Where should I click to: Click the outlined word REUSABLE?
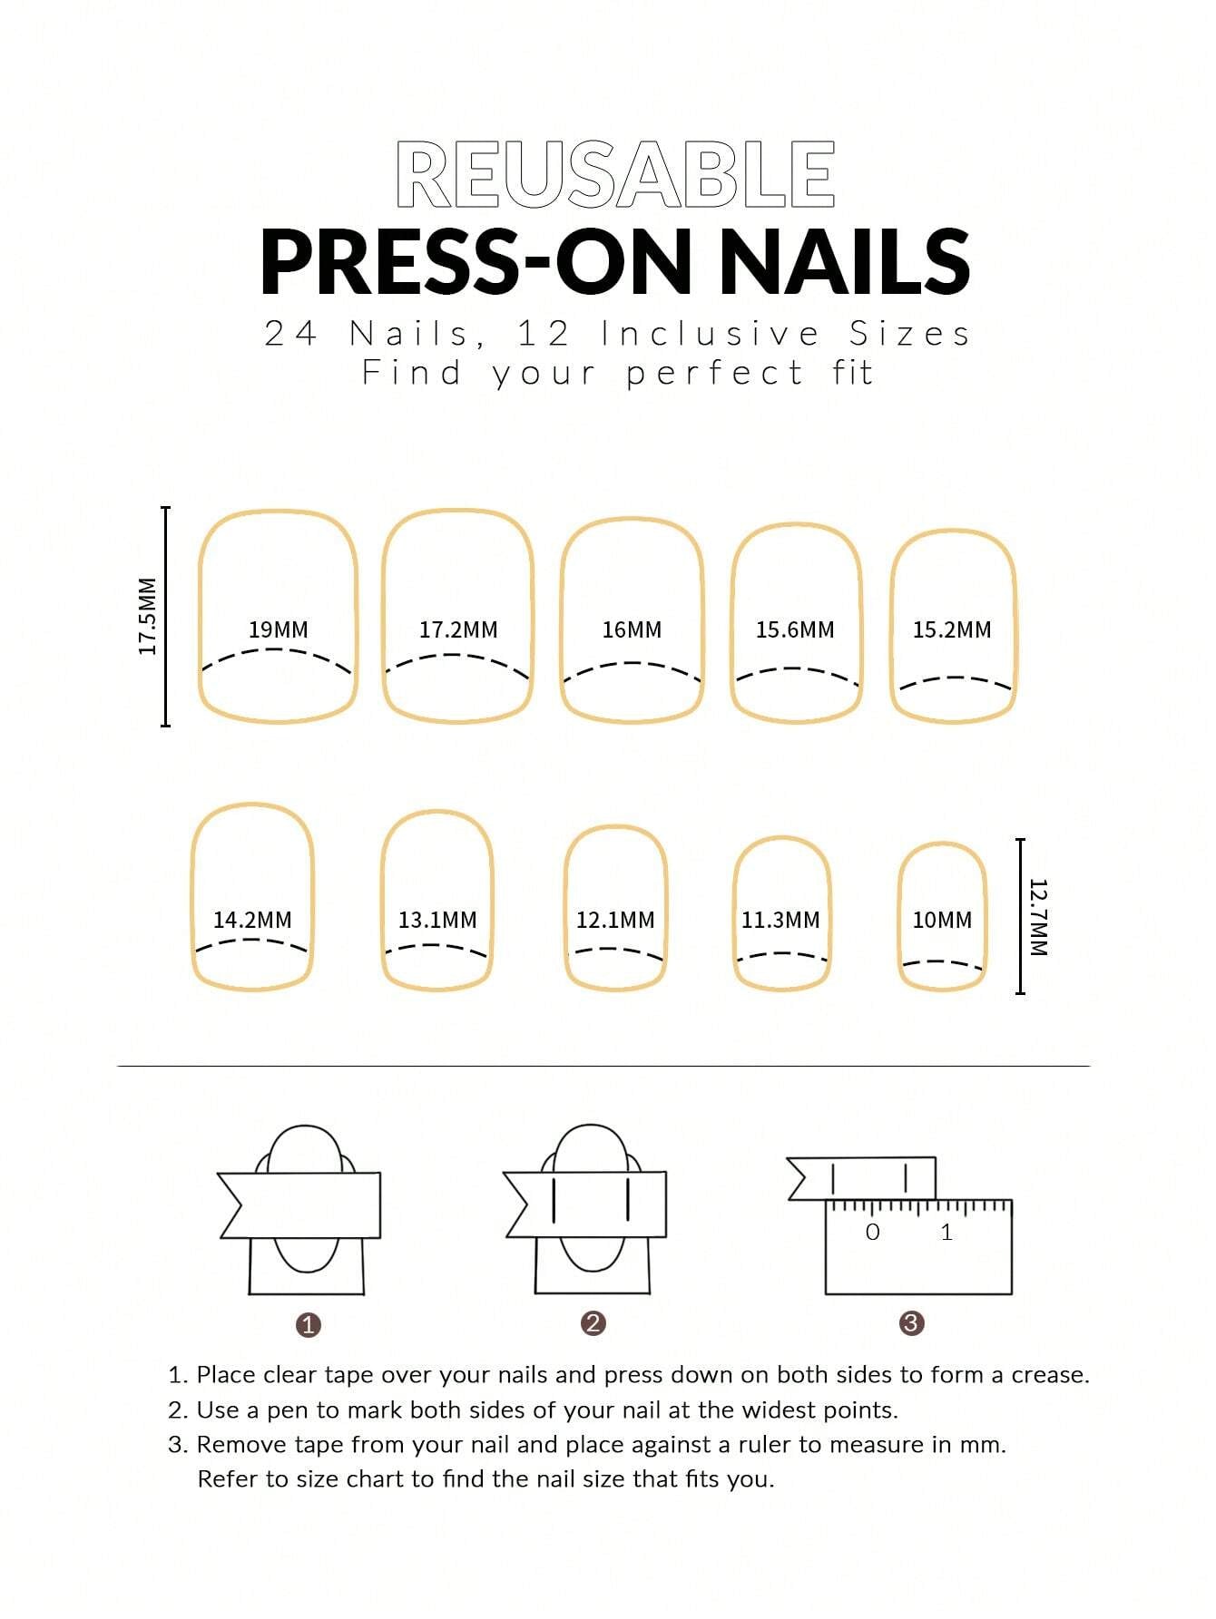tap(615, 174)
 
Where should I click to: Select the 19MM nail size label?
tap(279, 629)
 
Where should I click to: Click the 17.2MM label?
tap(458, 629)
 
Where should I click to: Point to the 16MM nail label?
tap(632, 629)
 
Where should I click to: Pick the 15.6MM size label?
tap(795, 629)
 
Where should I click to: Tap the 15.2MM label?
tap(952, 629)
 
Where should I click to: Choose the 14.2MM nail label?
tap(252, 920)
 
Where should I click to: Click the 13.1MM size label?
tap(437, 920)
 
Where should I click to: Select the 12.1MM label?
tap(615, 920)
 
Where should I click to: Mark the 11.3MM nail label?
tap(780, 920)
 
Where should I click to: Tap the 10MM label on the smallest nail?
tap(942, 920)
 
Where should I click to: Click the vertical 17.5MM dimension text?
tap(148, 616)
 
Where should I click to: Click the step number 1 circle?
tap(309, 1325)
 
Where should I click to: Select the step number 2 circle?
tap(593, 1323)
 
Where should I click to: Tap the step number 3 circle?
tap(911, 1323)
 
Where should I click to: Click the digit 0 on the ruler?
tap(873, 1232)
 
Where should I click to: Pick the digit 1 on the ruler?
tap(946, 1232)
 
